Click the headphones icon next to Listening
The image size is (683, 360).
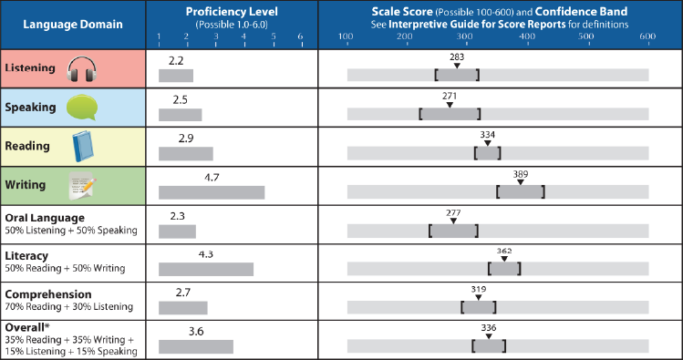(81, 68)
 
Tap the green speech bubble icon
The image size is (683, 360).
(80, 108)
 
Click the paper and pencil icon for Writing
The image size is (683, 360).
(82, 186)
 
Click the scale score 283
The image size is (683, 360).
(457, 57)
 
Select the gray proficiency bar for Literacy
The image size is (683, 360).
(206, 269)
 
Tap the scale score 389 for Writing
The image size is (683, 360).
(520, 173)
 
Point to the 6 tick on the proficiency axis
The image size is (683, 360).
(301, 36)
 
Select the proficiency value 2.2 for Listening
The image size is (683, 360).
(177, 58)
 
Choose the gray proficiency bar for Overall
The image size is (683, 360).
(196, 346)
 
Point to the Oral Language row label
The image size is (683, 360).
(45, 218)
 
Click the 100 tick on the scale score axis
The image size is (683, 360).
(346, 36)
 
